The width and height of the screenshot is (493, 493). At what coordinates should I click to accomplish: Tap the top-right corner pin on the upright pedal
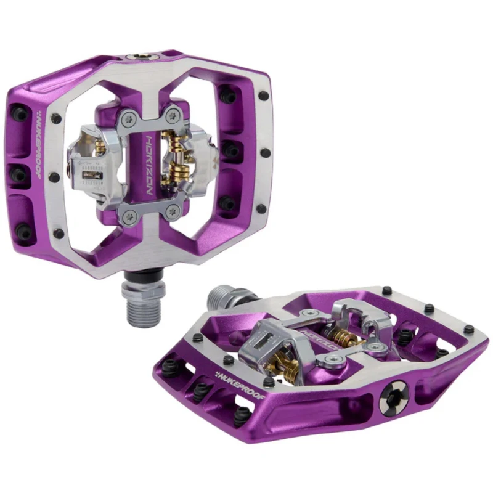tap(263, 96)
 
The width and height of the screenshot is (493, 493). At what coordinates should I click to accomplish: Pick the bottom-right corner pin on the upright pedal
tap(261, 208)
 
